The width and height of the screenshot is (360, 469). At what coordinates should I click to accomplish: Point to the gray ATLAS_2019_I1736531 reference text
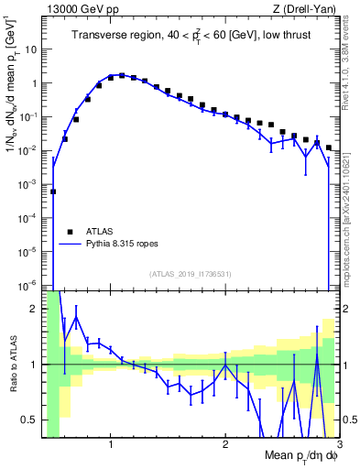[x=190, y=274]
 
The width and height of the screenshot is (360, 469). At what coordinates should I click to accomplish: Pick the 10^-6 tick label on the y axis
[x=28, y=285]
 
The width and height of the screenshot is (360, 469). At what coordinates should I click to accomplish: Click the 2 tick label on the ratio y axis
[x=36, y=309]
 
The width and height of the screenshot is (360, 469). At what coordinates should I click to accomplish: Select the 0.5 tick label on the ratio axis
[x=31, y=420]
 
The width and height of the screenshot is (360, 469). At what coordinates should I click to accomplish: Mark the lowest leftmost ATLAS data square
[x=53, y=191]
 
